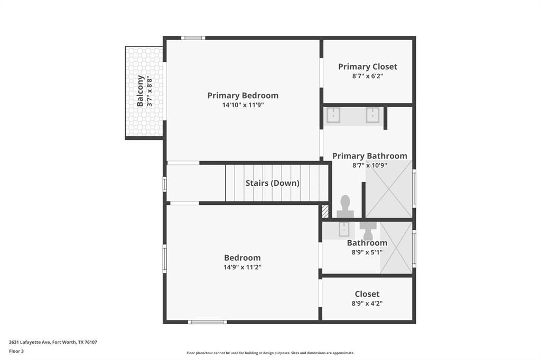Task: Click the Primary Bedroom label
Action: tap(242, 96)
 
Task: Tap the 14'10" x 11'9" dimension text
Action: tap(242, 105)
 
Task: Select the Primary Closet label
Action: tap(368, 67)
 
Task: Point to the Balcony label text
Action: tap(141, 91)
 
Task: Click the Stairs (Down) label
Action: tap(272, 183)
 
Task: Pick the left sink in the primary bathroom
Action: tap(333, 115)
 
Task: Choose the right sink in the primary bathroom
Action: tap(373, 115)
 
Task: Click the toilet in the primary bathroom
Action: tap(345, 206)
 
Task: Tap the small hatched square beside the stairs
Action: tap(325, 211)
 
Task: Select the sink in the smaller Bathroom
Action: tap(344, 229)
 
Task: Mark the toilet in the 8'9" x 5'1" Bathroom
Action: tap(368, 230)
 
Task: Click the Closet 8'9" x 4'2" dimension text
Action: tap(367, 304)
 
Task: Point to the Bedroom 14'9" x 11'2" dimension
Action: tap(242, 267)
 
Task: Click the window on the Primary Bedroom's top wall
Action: tap(193, 38)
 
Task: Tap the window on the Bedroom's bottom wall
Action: tap(208, 321)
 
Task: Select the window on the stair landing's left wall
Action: tap(165, 184)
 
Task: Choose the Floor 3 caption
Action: tap(16, 351)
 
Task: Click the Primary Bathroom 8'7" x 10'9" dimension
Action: tap(370, 165)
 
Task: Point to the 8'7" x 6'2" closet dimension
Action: tap(368, 76)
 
